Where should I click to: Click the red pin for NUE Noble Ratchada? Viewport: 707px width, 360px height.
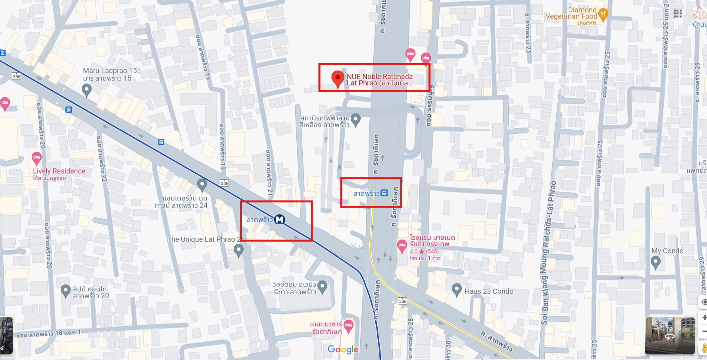338,78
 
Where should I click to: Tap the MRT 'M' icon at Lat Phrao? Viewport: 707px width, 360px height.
280,219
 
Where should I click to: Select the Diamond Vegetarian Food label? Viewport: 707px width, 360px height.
571,13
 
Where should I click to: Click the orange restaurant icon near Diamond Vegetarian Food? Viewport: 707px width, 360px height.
603,15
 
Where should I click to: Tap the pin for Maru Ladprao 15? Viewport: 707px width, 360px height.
86,90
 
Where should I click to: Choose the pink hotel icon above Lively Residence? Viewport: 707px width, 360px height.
37,158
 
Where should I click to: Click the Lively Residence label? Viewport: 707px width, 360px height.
59,171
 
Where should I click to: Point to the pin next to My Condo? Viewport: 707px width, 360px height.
656,262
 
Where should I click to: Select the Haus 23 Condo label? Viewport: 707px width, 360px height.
489,291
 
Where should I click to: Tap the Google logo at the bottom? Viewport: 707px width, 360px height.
343,349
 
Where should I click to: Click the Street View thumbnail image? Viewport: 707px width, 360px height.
670,335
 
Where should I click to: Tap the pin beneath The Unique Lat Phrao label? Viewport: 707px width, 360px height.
238,250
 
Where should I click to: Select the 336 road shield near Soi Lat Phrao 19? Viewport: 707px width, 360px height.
225,183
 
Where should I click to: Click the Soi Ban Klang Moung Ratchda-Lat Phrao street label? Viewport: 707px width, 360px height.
549,254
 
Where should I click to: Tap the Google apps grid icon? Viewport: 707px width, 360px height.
678,14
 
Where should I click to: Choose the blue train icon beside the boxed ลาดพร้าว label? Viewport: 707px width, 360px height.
384,193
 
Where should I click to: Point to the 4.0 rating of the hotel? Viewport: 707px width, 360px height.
413,251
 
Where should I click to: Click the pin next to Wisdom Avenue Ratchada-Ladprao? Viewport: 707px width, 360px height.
323,286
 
